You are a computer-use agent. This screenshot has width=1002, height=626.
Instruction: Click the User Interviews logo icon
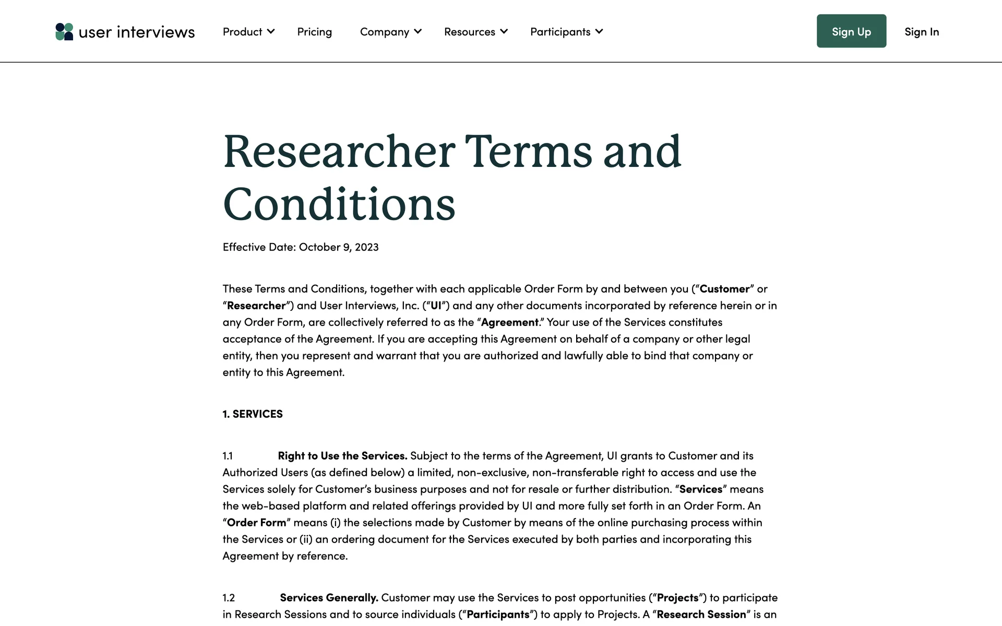[x=64, y=32]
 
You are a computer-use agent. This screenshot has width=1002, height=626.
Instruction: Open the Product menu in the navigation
[x=248, y=32]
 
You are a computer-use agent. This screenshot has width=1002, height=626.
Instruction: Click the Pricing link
[x=314, y=32]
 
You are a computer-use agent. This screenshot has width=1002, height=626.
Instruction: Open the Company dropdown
[x=390, y=32]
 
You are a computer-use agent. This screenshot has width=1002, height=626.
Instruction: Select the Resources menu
[x=475, y=32]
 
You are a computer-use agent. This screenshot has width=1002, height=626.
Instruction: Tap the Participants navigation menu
[x=566, y=32]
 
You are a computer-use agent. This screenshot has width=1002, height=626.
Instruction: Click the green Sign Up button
[x=851, y=31]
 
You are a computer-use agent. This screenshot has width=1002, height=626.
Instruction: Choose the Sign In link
[x=922, y=32]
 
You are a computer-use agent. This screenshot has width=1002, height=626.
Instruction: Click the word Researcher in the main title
[x=339, y=152]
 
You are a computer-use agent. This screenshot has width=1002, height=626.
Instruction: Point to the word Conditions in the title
[x=339, y=204]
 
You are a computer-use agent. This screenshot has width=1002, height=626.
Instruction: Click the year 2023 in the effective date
[x=366, y=247]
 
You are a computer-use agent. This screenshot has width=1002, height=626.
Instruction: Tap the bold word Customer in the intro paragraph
[x=724, y=289]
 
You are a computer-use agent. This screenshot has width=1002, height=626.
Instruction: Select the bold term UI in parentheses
[x=436, y=306]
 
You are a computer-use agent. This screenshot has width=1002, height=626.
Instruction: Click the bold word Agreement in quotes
[x=509, y=322]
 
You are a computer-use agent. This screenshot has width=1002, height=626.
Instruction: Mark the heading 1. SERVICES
[x=253, y=414]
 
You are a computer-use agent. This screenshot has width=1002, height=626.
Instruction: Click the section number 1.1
[x=228, y=456]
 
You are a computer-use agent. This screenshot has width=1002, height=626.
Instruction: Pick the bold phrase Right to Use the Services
[x=342, y=456]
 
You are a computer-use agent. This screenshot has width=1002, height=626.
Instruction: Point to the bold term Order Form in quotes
[x=256, y=523]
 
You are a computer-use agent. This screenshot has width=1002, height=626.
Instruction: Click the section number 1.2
[x=229, y=598]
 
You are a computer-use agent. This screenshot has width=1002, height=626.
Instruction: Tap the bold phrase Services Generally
[x=329, y=598]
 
